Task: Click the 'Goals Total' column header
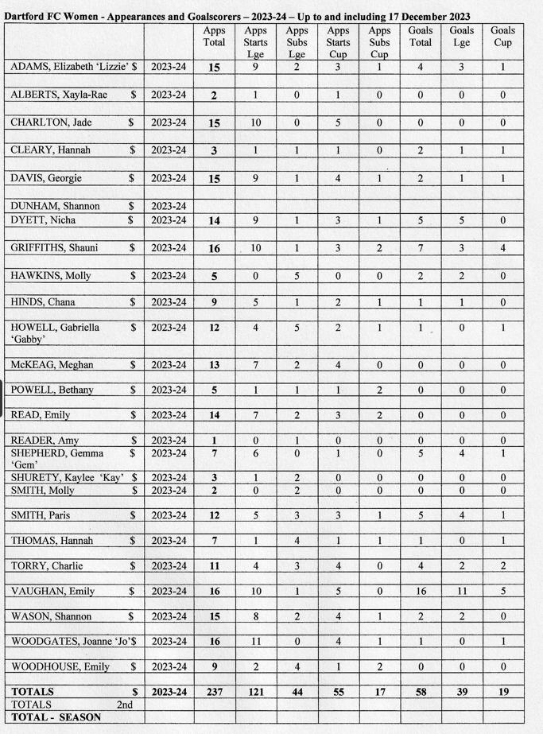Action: click(421, 37)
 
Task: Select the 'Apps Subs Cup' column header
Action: click(379, 43)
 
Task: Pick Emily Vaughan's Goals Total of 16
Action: click(421, 591)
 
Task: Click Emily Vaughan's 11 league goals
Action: click(462, 591)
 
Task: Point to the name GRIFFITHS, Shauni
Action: click(55, 248)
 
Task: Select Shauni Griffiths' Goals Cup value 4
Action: click(502, 248)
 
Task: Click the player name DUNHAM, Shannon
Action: click(48, 206)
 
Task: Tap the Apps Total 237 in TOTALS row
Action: click(214, 693)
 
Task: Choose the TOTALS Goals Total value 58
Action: click(421, 693)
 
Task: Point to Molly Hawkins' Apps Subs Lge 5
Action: click(297, 276)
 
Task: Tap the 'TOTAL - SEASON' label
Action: click(56, 717)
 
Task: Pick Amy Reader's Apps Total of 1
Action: click(214, 441)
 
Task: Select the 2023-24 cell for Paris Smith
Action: click(169, 515)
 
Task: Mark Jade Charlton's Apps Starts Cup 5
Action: click(338, 122)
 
